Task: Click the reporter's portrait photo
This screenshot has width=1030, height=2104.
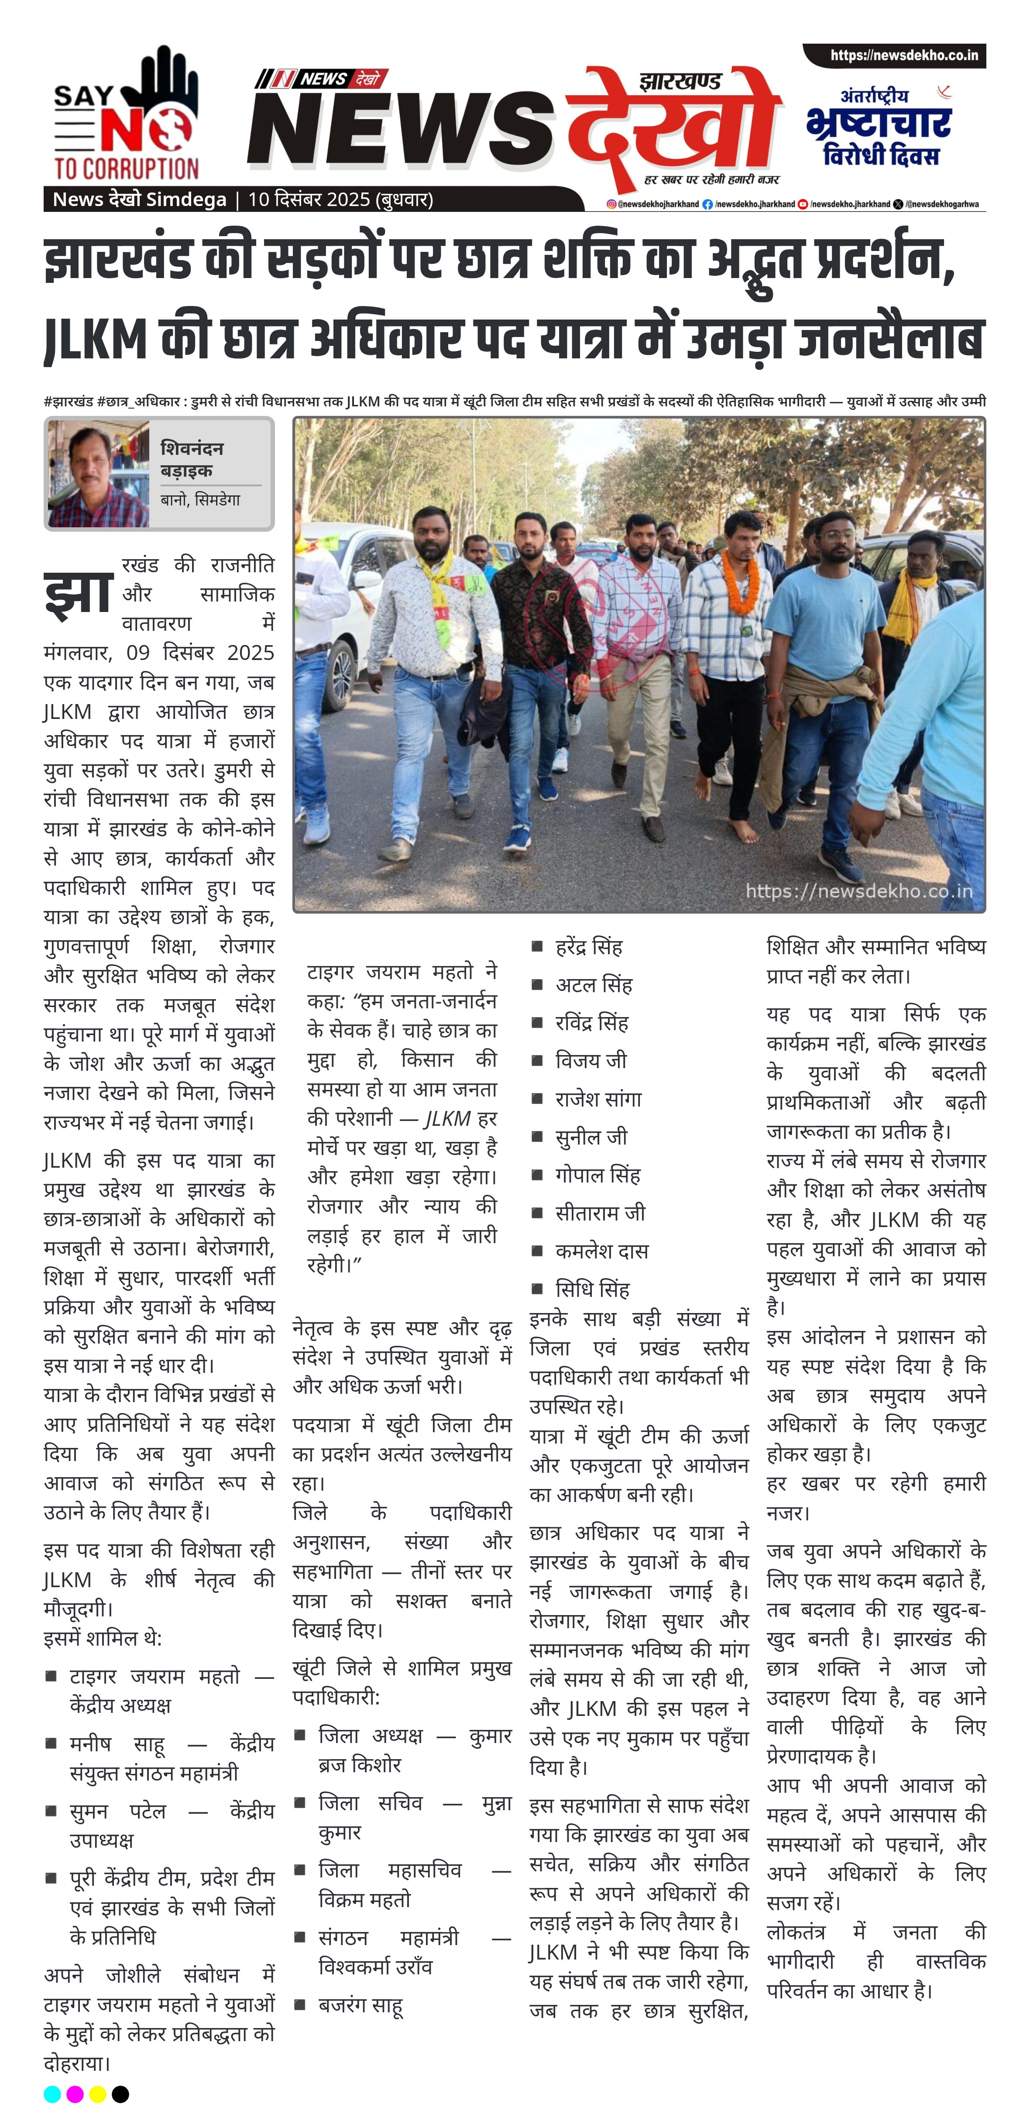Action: tap(98, 474)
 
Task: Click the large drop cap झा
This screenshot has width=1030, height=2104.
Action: tap(78, 592)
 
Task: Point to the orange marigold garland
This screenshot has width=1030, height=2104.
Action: tap(742, 581)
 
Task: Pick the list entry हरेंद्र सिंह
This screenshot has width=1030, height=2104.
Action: tap(588, 947)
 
